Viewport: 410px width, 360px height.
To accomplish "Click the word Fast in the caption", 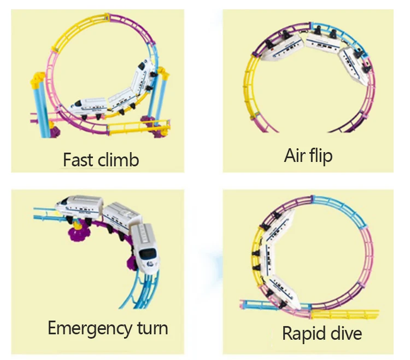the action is point(78,160).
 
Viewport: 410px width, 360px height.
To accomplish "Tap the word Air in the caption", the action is point(295,155).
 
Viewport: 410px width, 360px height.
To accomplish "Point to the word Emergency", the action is point(89,329).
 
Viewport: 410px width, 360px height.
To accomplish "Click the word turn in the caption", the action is point(153,328).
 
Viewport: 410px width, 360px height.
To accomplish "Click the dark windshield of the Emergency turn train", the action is point(148,253).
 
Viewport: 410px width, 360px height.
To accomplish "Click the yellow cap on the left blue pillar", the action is point(38,80).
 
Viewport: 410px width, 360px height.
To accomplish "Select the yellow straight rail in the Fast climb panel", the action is point(139,127).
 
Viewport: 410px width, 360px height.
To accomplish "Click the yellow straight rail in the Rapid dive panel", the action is point(345,314).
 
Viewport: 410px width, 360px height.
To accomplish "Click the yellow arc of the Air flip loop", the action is point(248,86).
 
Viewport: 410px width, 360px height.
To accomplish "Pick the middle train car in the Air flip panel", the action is point(323,42).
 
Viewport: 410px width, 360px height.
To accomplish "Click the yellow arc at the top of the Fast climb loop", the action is point(78,29).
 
